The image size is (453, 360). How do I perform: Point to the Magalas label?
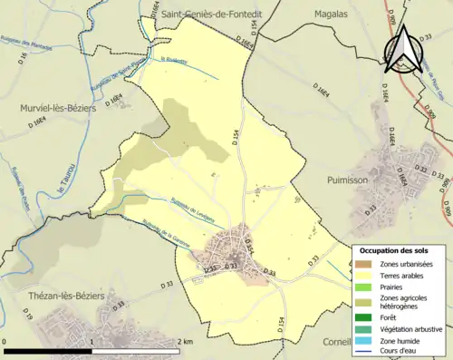[x=331, y=14]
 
